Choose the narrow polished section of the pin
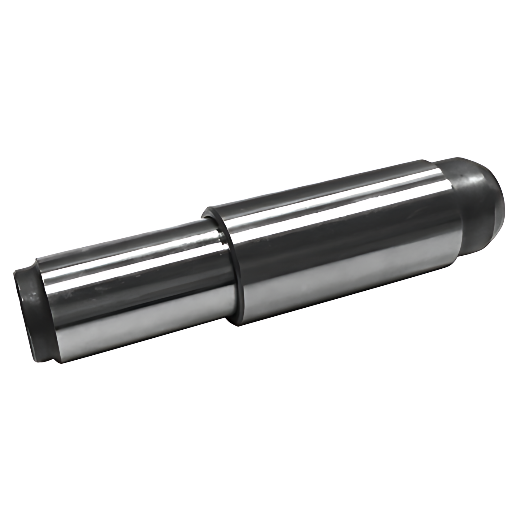click(139, 294)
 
